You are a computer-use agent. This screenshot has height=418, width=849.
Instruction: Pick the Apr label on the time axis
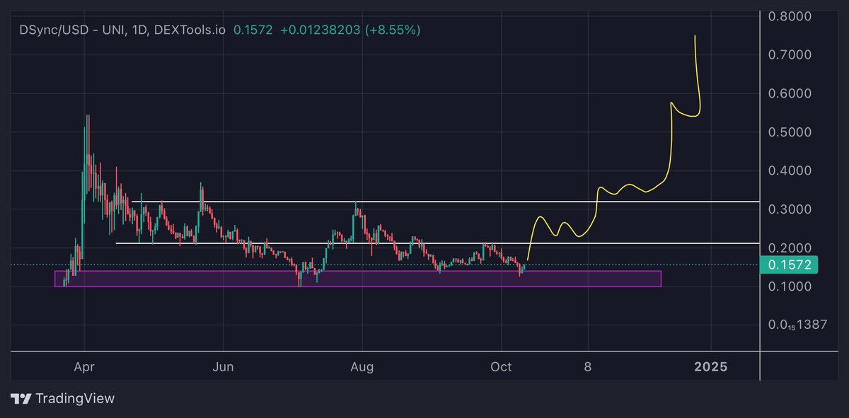[84, 366]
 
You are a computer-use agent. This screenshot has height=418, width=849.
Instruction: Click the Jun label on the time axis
[224, 366]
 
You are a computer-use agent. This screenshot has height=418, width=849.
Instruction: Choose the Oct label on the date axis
[501, 366]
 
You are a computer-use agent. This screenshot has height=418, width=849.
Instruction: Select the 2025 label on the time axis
[710, 366]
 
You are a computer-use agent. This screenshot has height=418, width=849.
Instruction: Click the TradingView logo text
[75, 399]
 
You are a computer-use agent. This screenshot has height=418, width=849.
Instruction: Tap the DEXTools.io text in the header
[189, 30]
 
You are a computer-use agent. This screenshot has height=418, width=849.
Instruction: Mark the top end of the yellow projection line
[695, 36]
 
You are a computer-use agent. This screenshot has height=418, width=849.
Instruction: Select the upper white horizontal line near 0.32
[446, 202]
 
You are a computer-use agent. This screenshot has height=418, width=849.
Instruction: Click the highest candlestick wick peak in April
[87, 115]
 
